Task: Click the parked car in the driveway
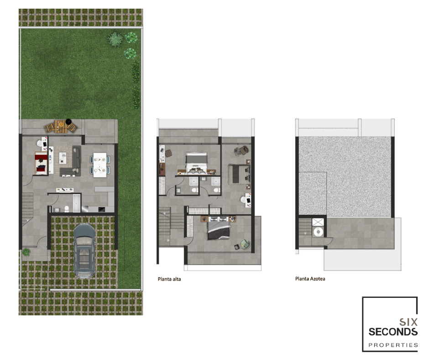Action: tap(84, 250)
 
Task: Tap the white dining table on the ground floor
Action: tap(99, 165)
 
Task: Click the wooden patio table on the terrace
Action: tap(60, 126)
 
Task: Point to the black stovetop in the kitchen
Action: tap(101, 209)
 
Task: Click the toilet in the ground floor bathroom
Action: tap(67, 209)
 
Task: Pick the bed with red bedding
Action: tap(41, 163)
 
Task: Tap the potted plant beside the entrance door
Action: tap(26, 252)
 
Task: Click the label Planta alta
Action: tap(169, 279)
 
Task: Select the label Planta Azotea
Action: tap(310, 279)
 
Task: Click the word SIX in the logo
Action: tap(408, 322)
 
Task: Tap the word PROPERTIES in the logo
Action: tap(393, 345)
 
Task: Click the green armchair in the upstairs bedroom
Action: tap(245, 244)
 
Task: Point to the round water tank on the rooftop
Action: tap(318, 232)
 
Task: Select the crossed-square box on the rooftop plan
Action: tap(318, 222)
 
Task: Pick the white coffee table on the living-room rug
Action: tap(63, 158)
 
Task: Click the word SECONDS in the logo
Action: tap(393, 332)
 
